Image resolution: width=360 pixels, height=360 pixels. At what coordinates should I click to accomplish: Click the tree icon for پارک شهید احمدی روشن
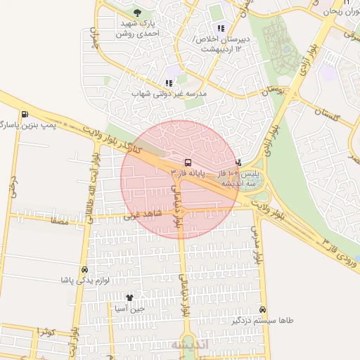137,13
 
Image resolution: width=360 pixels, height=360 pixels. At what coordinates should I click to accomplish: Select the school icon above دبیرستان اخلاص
221,29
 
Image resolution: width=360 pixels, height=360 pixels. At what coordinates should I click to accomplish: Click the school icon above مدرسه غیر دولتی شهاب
168,83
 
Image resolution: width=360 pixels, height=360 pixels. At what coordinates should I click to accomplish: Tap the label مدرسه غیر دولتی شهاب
169,94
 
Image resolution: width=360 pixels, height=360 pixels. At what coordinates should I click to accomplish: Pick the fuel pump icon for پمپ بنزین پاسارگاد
25,115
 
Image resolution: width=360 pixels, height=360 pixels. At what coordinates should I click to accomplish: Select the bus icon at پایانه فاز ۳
186,162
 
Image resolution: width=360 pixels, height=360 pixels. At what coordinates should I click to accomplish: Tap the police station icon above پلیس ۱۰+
238,162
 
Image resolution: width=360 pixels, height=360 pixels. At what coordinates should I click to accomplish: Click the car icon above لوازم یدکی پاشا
85,269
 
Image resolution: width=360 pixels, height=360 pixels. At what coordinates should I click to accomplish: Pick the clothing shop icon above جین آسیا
129,298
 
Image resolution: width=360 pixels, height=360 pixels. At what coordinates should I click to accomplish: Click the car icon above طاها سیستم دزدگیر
262,309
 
